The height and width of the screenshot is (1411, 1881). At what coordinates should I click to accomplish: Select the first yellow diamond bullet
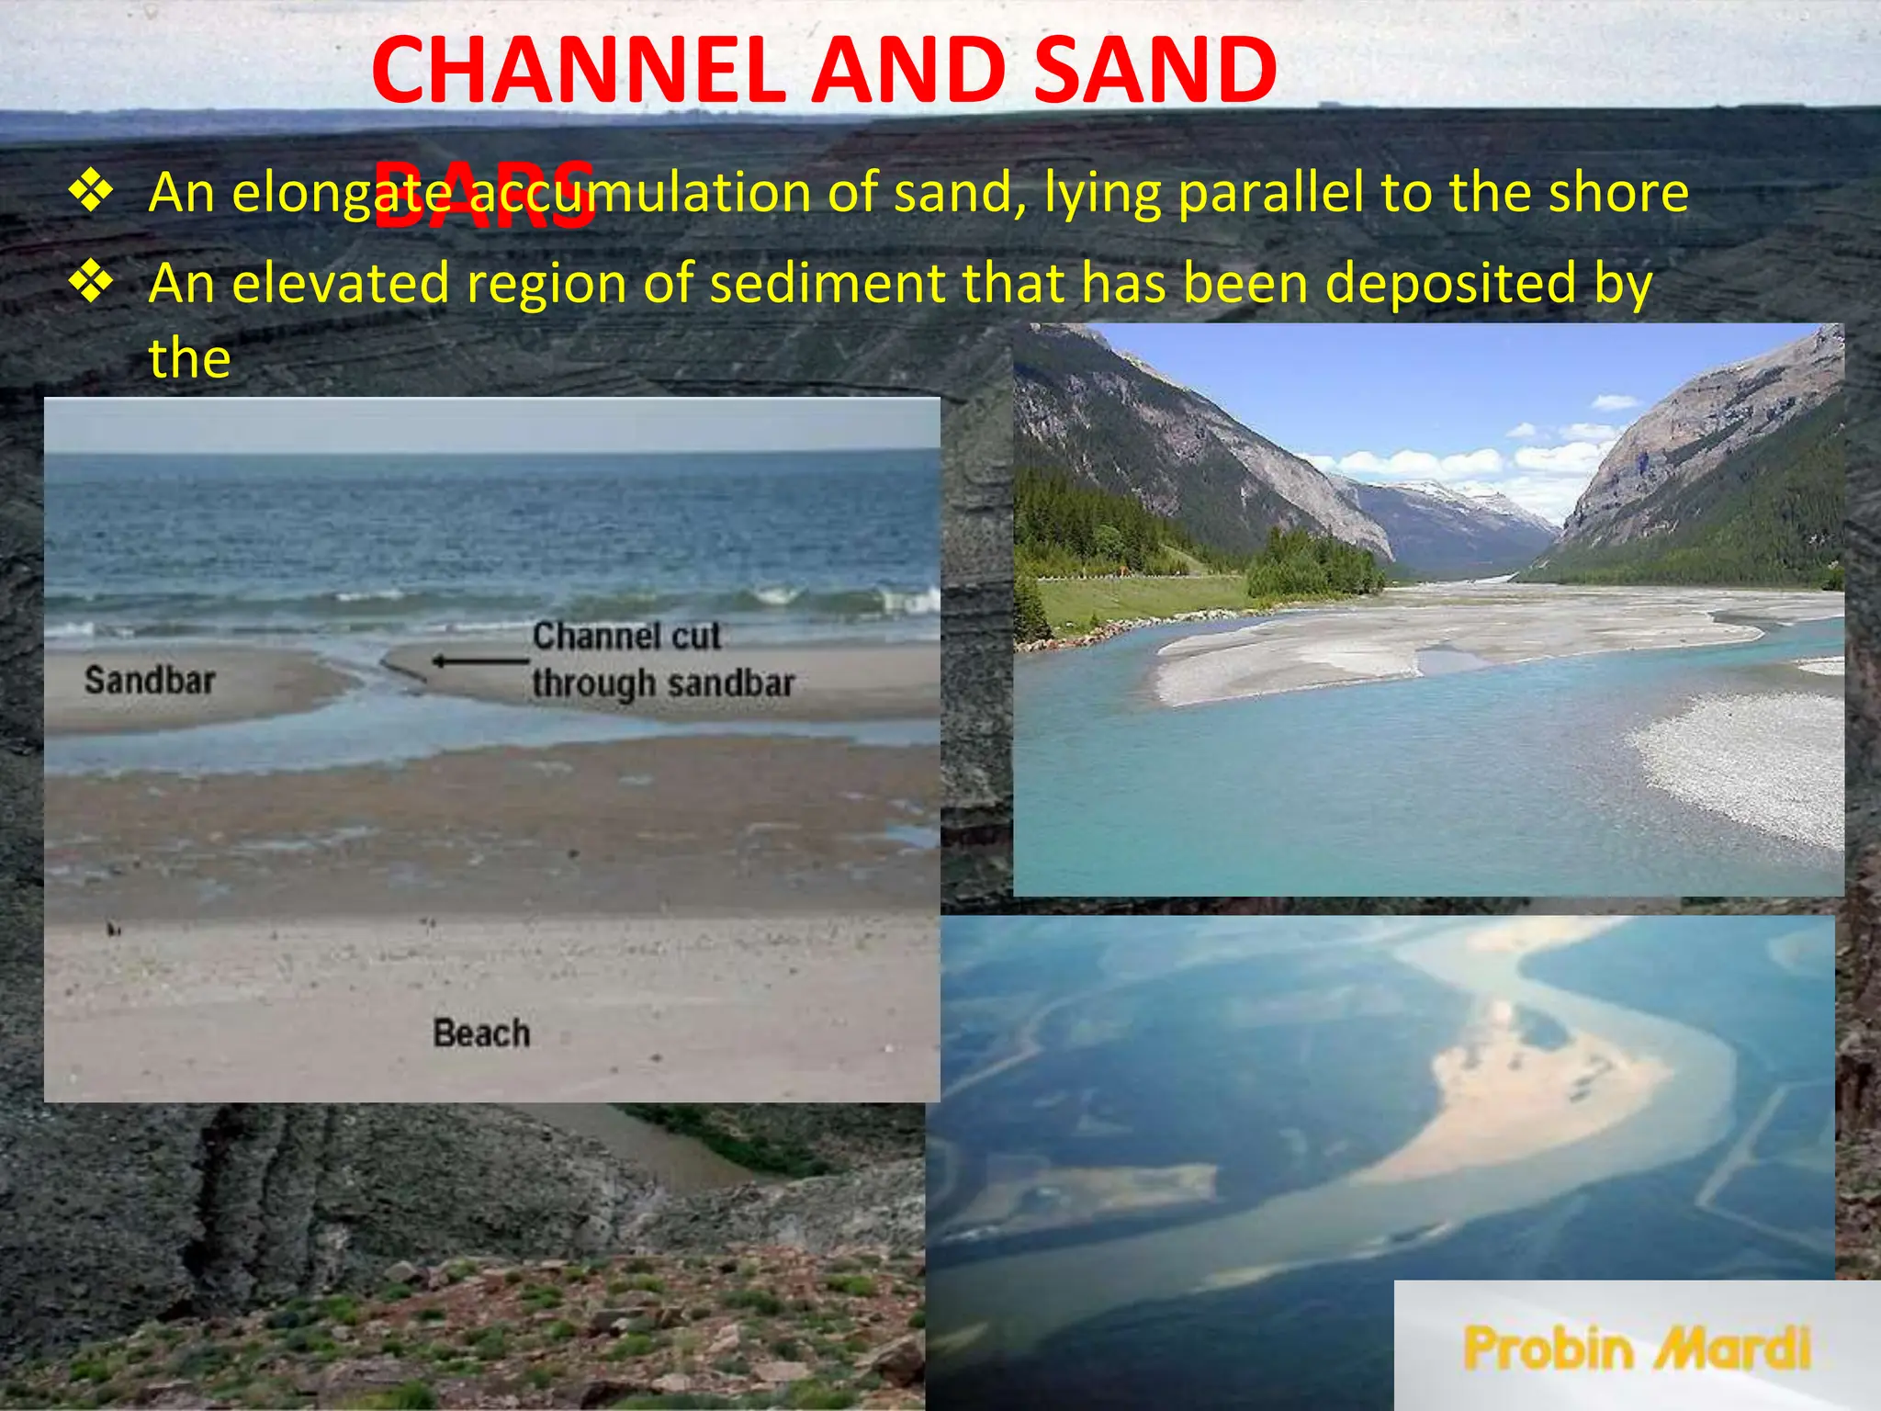point(91,192)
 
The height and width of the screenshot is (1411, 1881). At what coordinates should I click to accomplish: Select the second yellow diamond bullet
point(91,282)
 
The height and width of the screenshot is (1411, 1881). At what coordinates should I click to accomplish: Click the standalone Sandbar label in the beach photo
point(150,681)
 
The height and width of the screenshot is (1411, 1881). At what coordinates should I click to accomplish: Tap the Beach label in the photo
point(481,1033)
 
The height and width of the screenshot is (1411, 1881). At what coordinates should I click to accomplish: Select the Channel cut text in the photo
point(626,636)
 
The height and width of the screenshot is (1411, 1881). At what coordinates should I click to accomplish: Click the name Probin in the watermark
point(1549,1349)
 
